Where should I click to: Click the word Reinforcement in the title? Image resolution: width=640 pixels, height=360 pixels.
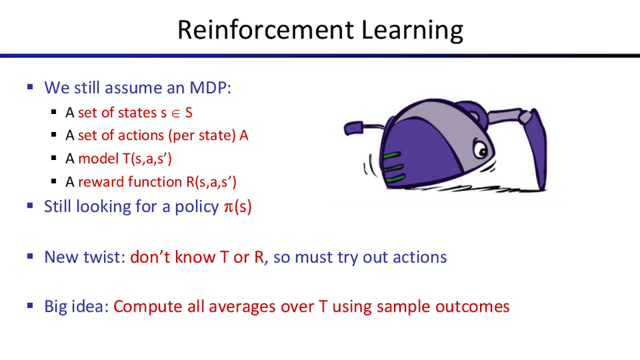pyautogui.click(x=266, y=29)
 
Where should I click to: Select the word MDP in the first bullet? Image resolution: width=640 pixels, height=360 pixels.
pyautogui.click(x=210, y=88)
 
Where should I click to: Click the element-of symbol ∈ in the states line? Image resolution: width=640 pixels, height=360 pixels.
pyautogui.click(x=176, y=113)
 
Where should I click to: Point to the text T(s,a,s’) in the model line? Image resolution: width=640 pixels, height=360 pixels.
pyautogui.click(x=147, y=158)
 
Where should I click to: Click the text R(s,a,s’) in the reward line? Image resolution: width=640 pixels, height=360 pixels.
pyautogui.click(x=211, y=182)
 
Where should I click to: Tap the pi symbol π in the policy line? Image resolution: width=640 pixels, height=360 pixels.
pyautogui.click(x=228, y=207)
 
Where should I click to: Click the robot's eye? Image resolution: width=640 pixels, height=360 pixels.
pyautogui.click(x=482, y=149)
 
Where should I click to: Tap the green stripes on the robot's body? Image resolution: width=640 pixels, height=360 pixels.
pyautogui.click(x=393, y=167)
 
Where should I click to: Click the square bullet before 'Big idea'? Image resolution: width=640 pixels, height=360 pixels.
pyautogui.click(x=29, y=306)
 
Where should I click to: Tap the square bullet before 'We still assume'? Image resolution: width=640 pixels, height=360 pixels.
pyautogui.click(x=29, y=87)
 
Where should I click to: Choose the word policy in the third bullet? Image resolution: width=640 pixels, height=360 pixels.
pyautogui.click(x=197, y=207)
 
